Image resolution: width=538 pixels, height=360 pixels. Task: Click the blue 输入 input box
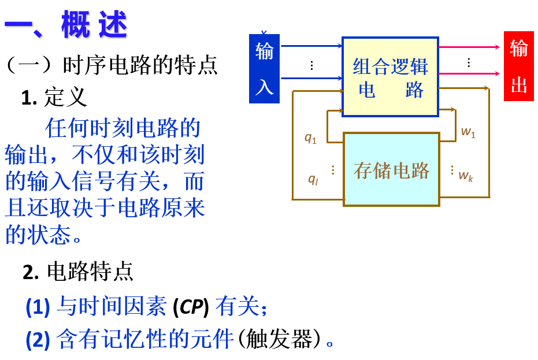(x=264, y=69)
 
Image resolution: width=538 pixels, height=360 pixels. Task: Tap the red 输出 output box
(x=518, y=66)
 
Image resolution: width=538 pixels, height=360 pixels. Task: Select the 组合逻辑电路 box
(x=390, y=77)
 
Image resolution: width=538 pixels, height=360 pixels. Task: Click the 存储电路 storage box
(x=391, y=169)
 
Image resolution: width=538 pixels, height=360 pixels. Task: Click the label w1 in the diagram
(x=468, y=132)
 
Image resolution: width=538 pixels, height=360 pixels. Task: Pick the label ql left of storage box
(x=313, y=179)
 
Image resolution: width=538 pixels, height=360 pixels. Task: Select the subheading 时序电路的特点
(x=140, y=65)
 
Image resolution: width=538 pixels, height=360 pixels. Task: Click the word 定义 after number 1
(x=66, y=97)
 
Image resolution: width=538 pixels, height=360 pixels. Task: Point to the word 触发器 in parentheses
(x=279, y=339)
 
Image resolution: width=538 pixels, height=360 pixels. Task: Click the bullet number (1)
(x=38, y=307)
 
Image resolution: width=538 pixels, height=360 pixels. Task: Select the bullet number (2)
(x=38, y=339)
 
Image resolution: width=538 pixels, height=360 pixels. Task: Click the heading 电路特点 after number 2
(x=90, y=271)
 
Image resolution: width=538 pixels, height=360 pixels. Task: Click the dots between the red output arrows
(x=469, y=62)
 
